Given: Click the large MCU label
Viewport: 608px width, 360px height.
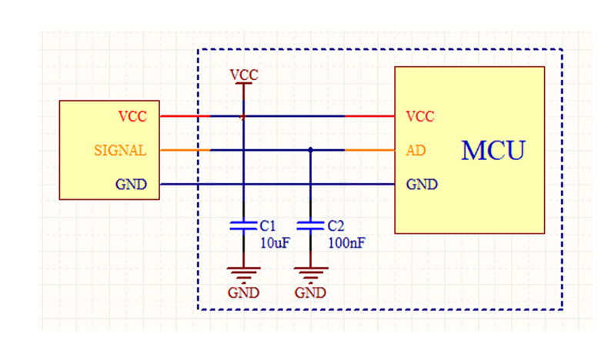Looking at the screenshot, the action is (x=493, y=150).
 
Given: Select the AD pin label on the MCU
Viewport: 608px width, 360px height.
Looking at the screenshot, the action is (x=416, y=150).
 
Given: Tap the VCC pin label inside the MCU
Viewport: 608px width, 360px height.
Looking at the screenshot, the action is (x=420, y=116).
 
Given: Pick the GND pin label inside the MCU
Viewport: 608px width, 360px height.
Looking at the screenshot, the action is (x=422, y=184).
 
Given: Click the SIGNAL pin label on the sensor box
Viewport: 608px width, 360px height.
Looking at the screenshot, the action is (x=120, y=150).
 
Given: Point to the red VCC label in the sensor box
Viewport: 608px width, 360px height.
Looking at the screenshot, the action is (x=132, y=116).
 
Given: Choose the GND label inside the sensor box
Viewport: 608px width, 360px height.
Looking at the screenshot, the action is (x=131, y=184).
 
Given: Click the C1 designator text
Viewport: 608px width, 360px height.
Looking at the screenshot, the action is (x=268, y=225).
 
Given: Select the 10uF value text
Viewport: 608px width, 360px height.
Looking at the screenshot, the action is (x=275, y=243).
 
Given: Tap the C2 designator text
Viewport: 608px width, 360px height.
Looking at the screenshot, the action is (x=336, y=225).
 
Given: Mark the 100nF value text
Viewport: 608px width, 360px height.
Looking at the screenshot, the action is (x=346, y=243).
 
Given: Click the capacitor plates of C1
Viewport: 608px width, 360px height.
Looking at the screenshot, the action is (x=243, y=225).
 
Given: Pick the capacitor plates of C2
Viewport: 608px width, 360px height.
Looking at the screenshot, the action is (x=310, y=225).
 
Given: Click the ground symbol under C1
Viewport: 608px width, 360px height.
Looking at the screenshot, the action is (x=243, y=274).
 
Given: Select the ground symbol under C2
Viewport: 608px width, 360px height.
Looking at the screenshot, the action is (x=311, y=274).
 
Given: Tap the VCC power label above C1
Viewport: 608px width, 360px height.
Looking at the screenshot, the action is (x=244, y=75).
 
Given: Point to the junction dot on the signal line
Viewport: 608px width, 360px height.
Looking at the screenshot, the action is (x=310, y=150).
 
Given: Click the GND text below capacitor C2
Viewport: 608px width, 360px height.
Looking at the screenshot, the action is (x=310, y=292).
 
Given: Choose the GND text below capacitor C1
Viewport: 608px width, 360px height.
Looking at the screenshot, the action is (x=243, y=292).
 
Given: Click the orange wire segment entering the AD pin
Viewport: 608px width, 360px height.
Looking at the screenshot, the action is (x=369, y=150).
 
